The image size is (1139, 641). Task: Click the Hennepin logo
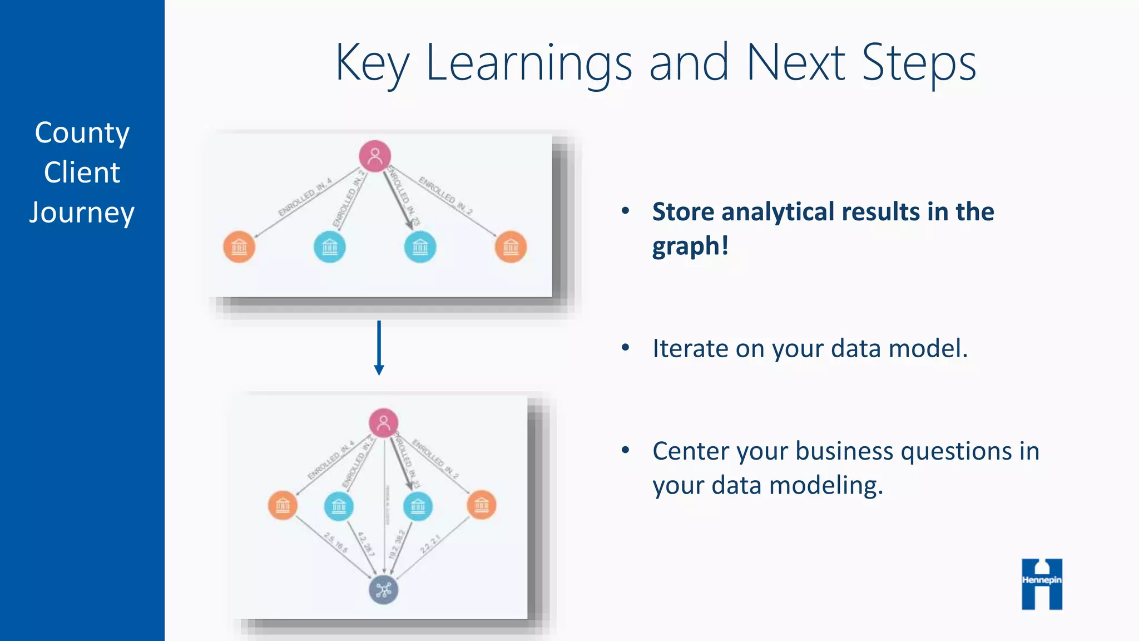1042,584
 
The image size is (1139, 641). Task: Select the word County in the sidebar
82,133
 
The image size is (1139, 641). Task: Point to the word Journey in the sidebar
82,213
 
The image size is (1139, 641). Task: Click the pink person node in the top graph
375,156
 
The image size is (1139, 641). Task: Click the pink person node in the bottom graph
384,423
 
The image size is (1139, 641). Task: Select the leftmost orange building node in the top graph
239,246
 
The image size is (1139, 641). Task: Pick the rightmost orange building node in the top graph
511,246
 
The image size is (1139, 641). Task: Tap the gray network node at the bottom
384,590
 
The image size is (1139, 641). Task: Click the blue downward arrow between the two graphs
379,348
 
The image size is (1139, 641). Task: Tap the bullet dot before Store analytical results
626,211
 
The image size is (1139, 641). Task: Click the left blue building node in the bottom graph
339,506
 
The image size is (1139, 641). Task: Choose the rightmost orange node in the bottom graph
482,505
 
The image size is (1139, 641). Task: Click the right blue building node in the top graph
420,246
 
